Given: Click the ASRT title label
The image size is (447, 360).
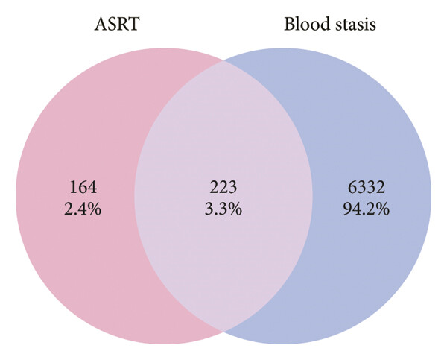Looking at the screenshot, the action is click(x=117, y=24).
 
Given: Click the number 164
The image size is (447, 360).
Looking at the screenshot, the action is click(x=83, y=187).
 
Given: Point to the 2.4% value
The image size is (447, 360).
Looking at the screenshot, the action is click(x=83, y=209).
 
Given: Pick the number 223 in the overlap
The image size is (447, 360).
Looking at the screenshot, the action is click(x=223, y=187).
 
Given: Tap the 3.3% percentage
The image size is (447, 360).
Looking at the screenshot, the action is click(x=223, y=209).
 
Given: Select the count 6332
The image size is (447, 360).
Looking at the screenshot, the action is click(x=367, y=187).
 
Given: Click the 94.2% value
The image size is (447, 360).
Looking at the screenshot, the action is click(x=367, y=209).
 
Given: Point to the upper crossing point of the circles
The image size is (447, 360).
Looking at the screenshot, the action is click(x=223, y=60).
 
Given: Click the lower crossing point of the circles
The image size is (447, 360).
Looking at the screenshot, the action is click(x=223, y=332).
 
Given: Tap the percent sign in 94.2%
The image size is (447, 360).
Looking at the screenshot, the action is click(x=383, y=209).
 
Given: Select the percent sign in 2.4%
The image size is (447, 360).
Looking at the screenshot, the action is click(x=95, y=209).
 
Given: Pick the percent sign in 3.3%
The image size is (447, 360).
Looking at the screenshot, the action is click(x=235, y=209).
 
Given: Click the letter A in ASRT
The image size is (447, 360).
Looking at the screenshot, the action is click(x=101, y=24).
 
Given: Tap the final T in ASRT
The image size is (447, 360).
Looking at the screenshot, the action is click(x=133, y=24).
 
